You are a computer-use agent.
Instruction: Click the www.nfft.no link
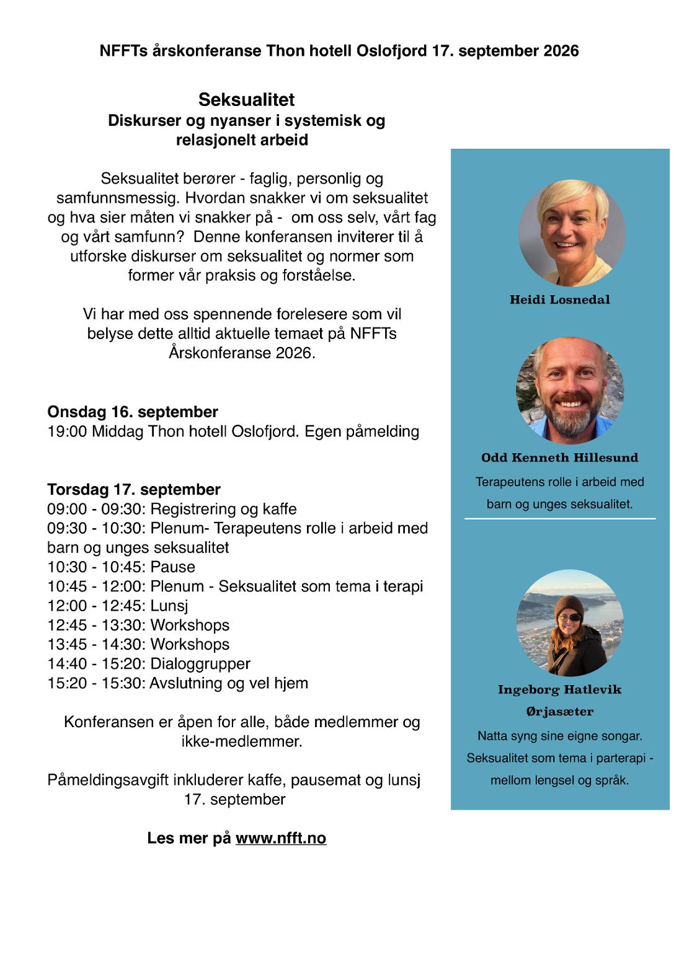(281, 838)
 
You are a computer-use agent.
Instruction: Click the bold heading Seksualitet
(246, 100)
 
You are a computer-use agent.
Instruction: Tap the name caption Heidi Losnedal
(559, 300)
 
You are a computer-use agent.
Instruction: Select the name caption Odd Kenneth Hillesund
(559, 458)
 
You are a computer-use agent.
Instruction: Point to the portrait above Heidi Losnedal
(571, 233)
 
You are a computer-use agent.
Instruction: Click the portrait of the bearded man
(570, 391)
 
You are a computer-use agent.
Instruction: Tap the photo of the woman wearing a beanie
(570, 622)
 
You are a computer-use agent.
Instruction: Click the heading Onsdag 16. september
(133, 412)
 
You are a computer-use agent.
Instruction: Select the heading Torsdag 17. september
(134, 490)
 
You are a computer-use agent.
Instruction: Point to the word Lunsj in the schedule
(169, 606)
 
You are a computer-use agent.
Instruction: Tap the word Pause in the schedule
(173, 567)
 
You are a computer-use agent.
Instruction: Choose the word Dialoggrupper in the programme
(200, 664)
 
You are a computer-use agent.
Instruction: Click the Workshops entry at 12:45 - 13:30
(190, 625)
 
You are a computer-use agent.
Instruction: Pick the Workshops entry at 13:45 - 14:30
(190, 645)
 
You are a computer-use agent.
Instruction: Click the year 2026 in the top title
(561, 51)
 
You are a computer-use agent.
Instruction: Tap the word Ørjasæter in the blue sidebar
(559, 712)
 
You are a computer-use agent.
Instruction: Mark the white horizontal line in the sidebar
(559, 518)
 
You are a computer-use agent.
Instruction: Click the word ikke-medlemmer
(242, 741)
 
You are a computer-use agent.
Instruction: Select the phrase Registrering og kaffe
(223, 510)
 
